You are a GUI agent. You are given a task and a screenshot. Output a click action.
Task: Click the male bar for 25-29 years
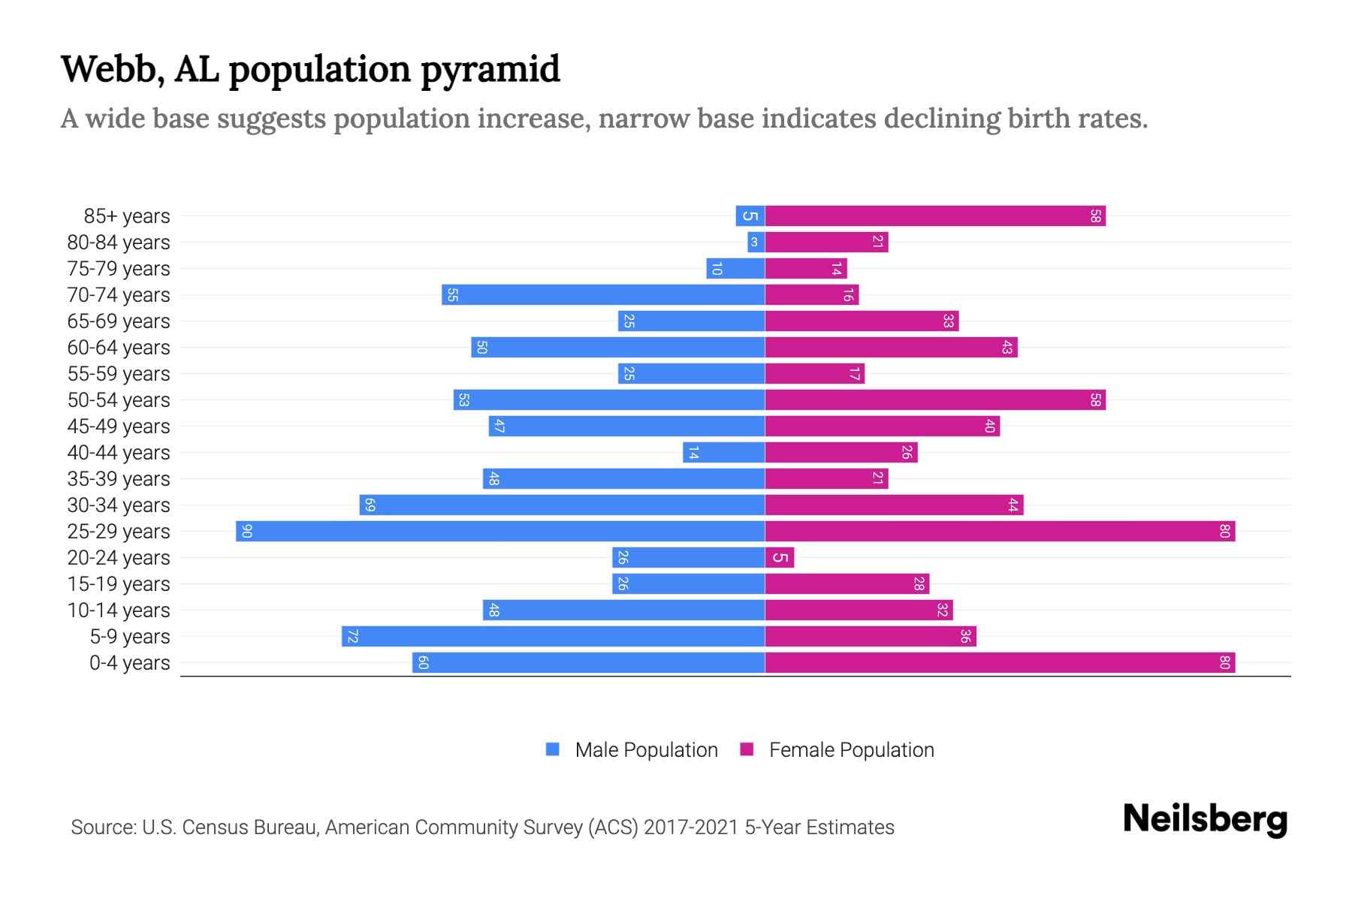click(500, 532)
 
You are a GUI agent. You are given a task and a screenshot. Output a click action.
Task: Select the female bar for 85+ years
click(935, 216)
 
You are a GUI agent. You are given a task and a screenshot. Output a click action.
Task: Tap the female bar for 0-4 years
click(1000, 663)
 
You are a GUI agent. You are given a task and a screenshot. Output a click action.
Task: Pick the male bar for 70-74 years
click(603, 295)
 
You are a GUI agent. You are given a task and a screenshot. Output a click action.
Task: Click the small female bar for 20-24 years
click(780, 558)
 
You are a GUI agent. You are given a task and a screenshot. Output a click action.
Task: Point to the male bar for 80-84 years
click(756, 243)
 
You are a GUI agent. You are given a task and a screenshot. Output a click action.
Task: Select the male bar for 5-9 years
click(553, 637)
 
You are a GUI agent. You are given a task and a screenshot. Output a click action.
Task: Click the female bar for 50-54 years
click(935, 400)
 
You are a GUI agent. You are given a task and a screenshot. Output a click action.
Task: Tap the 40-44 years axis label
click(119, 453)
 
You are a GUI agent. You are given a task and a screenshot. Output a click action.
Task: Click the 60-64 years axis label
click(119, 348)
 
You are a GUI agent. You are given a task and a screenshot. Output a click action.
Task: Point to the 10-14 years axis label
click(119, 610)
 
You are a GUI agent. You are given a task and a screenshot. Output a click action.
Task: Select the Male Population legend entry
click(632, 750)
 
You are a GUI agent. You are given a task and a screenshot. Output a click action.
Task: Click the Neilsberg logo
click(1205, 819)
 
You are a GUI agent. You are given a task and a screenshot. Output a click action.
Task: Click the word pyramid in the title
click(490, 70)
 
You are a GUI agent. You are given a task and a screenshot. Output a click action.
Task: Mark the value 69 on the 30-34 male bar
click(370, 505)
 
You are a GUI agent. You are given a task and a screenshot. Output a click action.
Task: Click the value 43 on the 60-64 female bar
click(1007, 348)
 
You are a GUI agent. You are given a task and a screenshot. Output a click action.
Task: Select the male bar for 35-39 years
click(623, 479)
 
